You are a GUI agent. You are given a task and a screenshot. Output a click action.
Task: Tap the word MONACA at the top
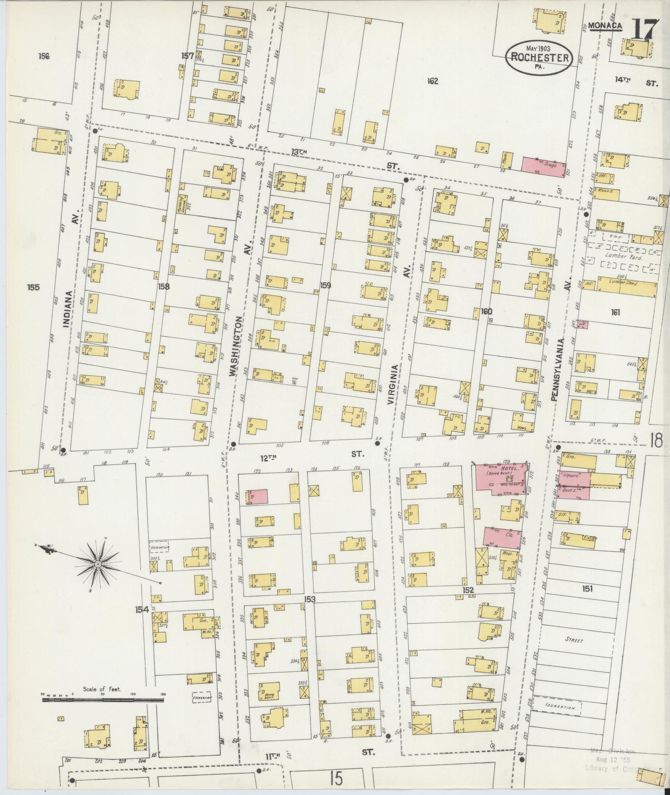tap(605, 26)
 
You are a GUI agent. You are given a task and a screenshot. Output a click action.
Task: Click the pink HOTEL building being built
tap(500, 477)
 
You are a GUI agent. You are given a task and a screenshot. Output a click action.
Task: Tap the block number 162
tap(432, 81)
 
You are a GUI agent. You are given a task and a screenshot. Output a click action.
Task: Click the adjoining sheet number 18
tap(656, 441)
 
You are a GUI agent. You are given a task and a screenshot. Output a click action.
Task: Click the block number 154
tap(141, 610)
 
